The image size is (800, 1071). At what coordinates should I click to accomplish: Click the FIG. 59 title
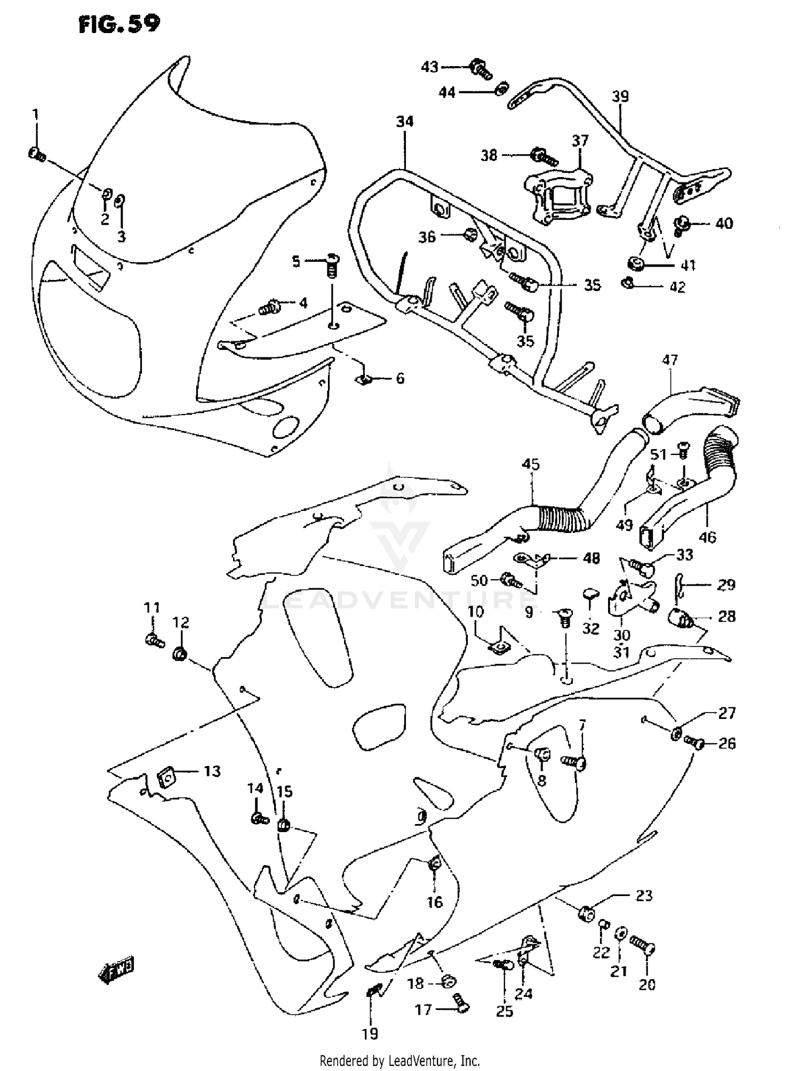tap(119, 24)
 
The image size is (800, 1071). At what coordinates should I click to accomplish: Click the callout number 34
tap(405, 122)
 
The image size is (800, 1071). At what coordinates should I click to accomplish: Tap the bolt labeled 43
tap(480, 69)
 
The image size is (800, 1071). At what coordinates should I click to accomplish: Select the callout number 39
tap(620, 97)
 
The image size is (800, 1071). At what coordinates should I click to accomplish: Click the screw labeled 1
tap(37, 155)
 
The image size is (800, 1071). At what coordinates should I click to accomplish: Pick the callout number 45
tap(531, 464)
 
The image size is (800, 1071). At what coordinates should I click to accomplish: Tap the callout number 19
tap(370, 1034)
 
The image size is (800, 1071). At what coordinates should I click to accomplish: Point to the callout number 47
tap(670, 360)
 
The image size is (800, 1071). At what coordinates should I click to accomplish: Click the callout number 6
tap(400, 378)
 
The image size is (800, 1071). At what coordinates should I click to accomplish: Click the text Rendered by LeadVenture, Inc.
tap(399, 1060)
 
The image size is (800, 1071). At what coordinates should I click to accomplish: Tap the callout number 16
tap(435, 901)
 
